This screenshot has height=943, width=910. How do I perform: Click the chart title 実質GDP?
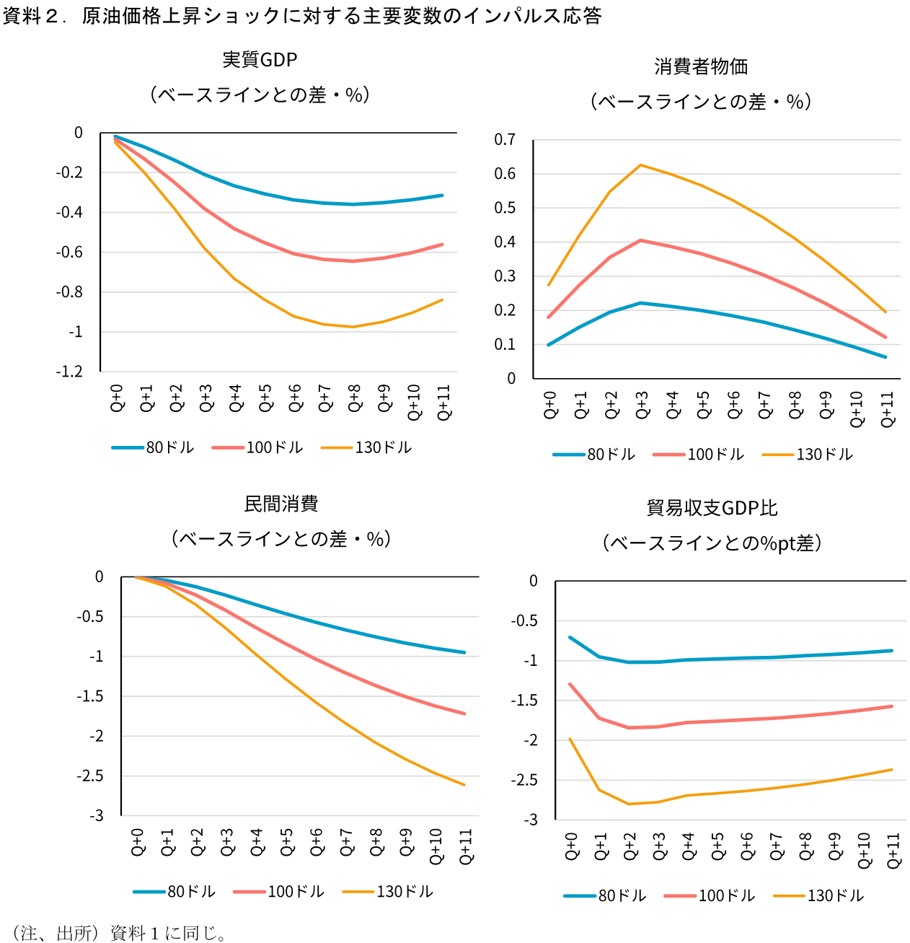coord(260,60)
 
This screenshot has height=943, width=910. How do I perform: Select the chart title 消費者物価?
coord(701,67)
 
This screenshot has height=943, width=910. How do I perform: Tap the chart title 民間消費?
coord(281,504)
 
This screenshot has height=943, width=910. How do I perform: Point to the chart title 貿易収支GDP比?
coord(712,509)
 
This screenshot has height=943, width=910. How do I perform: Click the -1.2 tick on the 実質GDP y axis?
coord(69,372)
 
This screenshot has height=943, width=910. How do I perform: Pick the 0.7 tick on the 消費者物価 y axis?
coord(505,140)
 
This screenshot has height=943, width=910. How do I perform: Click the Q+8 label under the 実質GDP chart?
coord(354,398)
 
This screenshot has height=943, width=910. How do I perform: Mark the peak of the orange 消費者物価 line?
coord(640,165)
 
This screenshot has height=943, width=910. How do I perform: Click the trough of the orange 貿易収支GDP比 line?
coord(629,804)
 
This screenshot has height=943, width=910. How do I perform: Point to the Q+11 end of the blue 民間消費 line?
coord(464,652)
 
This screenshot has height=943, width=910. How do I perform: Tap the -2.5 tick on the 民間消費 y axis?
coord(90,776)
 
